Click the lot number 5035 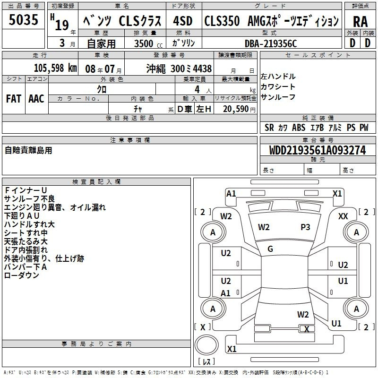[x=23, y=19]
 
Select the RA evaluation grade [x=360, y=22]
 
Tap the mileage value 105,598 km [x=55, y=68]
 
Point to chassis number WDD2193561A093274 [x=318, y=150]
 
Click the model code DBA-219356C [x=271, y=43]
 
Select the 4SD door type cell [x=183, y=21]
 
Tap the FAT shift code [x=14, y=99]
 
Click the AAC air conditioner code [x=36, y=99]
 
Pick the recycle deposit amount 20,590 [x=236, y=109]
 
